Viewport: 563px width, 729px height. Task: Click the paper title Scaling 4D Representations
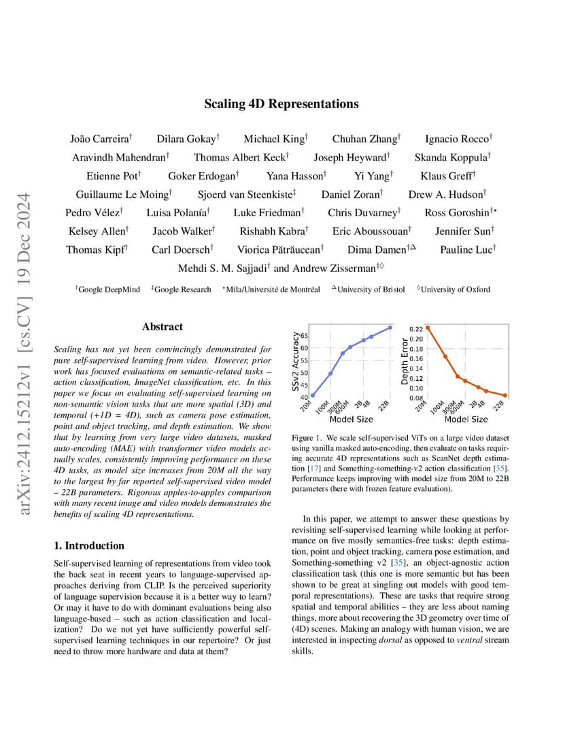(281, 103)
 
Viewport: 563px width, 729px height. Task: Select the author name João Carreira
(99, 139)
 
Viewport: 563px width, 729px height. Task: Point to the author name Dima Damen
(377, 250)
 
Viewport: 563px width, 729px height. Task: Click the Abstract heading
(163, 326)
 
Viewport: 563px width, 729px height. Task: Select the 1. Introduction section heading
(89, 545)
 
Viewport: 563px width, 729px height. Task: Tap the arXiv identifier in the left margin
(24, 354)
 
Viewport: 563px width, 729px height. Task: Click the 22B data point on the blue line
(390, 328)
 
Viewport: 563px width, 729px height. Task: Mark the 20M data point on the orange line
(428, 328)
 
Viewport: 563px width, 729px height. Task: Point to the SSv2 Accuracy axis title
(295, 361)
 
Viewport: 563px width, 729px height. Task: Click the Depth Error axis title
(405, 361)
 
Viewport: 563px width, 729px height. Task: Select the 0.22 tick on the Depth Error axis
(416, 329)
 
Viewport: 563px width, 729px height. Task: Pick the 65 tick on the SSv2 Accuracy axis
(304, 335)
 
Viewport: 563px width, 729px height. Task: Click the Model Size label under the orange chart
(466, 420)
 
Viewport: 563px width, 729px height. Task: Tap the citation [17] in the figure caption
(314, 468)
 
